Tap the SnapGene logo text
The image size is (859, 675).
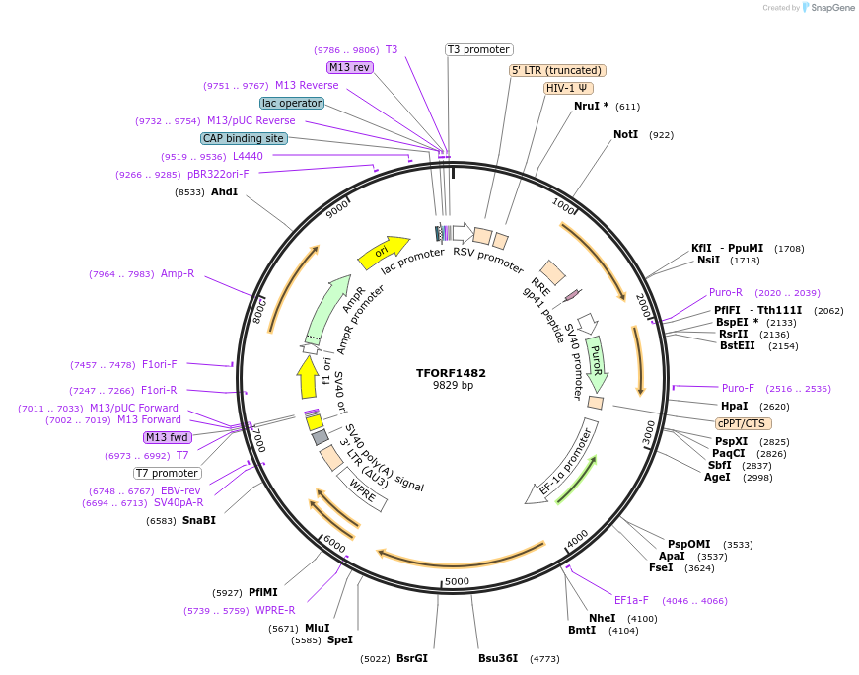tap(830, 8)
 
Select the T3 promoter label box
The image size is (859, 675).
tap(479, 49)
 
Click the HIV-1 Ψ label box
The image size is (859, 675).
tap(569, 88)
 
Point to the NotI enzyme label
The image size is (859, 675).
tap(626, 134)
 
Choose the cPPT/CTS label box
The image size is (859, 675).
tap(742, 423)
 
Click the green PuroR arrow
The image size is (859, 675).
tap(596, 360)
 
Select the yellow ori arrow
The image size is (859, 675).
tap(384, 252)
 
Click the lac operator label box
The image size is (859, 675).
tap(292, 103)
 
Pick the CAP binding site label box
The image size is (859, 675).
tap(244, 139)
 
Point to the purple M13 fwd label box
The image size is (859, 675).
tap(167, 437)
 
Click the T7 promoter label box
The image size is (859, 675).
tap(168, 473)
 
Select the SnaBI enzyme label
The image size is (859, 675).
tap(198, 520)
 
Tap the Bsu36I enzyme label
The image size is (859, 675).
tap(498, 658)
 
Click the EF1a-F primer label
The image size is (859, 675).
tap(631, 600)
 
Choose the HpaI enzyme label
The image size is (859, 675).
tap(735, 406)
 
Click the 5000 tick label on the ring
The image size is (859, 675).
tap(457, 581)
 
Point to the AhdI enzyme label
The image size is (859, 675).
tap(224, 191)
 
